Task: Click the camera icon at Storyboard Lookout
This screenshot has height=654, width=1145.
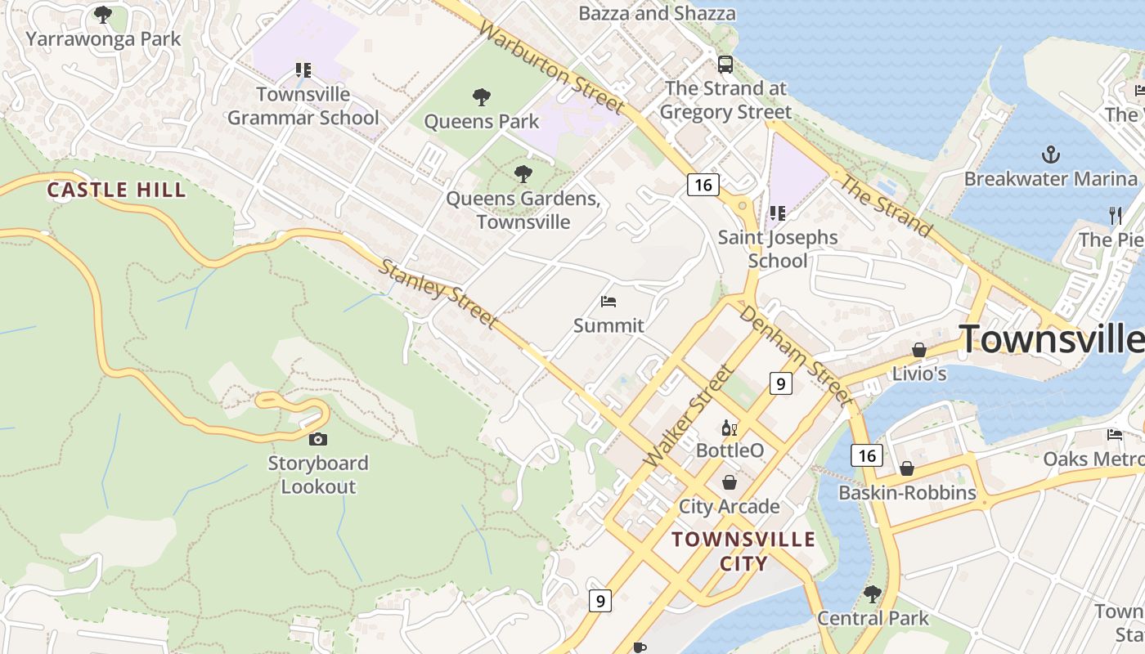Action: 318,440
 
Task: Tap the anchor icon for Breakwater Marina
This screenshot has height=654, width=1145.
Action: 1050,154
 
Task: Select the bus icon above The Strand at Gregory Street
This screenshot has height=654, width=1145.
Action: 725,65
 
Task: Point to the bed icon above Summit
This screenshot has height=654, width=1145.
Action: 608,302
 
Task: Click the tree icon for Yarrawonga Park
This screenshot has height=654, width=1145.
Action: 102,14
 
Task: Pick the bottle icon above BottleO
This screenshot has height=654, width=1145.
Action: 729,428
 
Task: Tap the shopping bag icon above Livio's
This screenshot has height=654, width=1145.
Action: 918,350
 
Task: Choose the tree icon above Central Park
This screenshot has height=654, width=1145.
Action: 873,594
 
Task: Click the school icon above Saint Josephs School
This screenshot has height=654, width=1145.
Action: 777,213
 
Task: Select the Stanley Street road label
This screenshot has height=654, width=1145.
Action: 438,294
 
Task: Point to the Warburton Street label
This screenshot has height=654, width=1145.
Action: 551,68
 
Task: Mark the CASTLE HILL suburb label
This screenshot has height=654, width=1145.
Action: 116,190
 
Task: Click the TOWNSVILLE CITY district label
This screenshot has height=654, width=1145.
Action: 743,551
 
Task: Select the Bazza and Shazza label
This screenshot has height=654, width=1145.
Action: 657,13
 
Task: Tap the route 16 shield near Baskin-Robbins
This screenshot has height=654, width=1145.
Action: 866,455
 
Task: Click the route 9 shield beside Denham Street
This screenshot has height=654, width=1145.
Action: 780,383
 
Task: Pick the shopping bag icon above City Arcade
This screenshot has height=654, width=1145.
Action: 729,482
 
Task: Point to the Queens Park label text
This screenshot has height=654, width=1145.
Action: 482,122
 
